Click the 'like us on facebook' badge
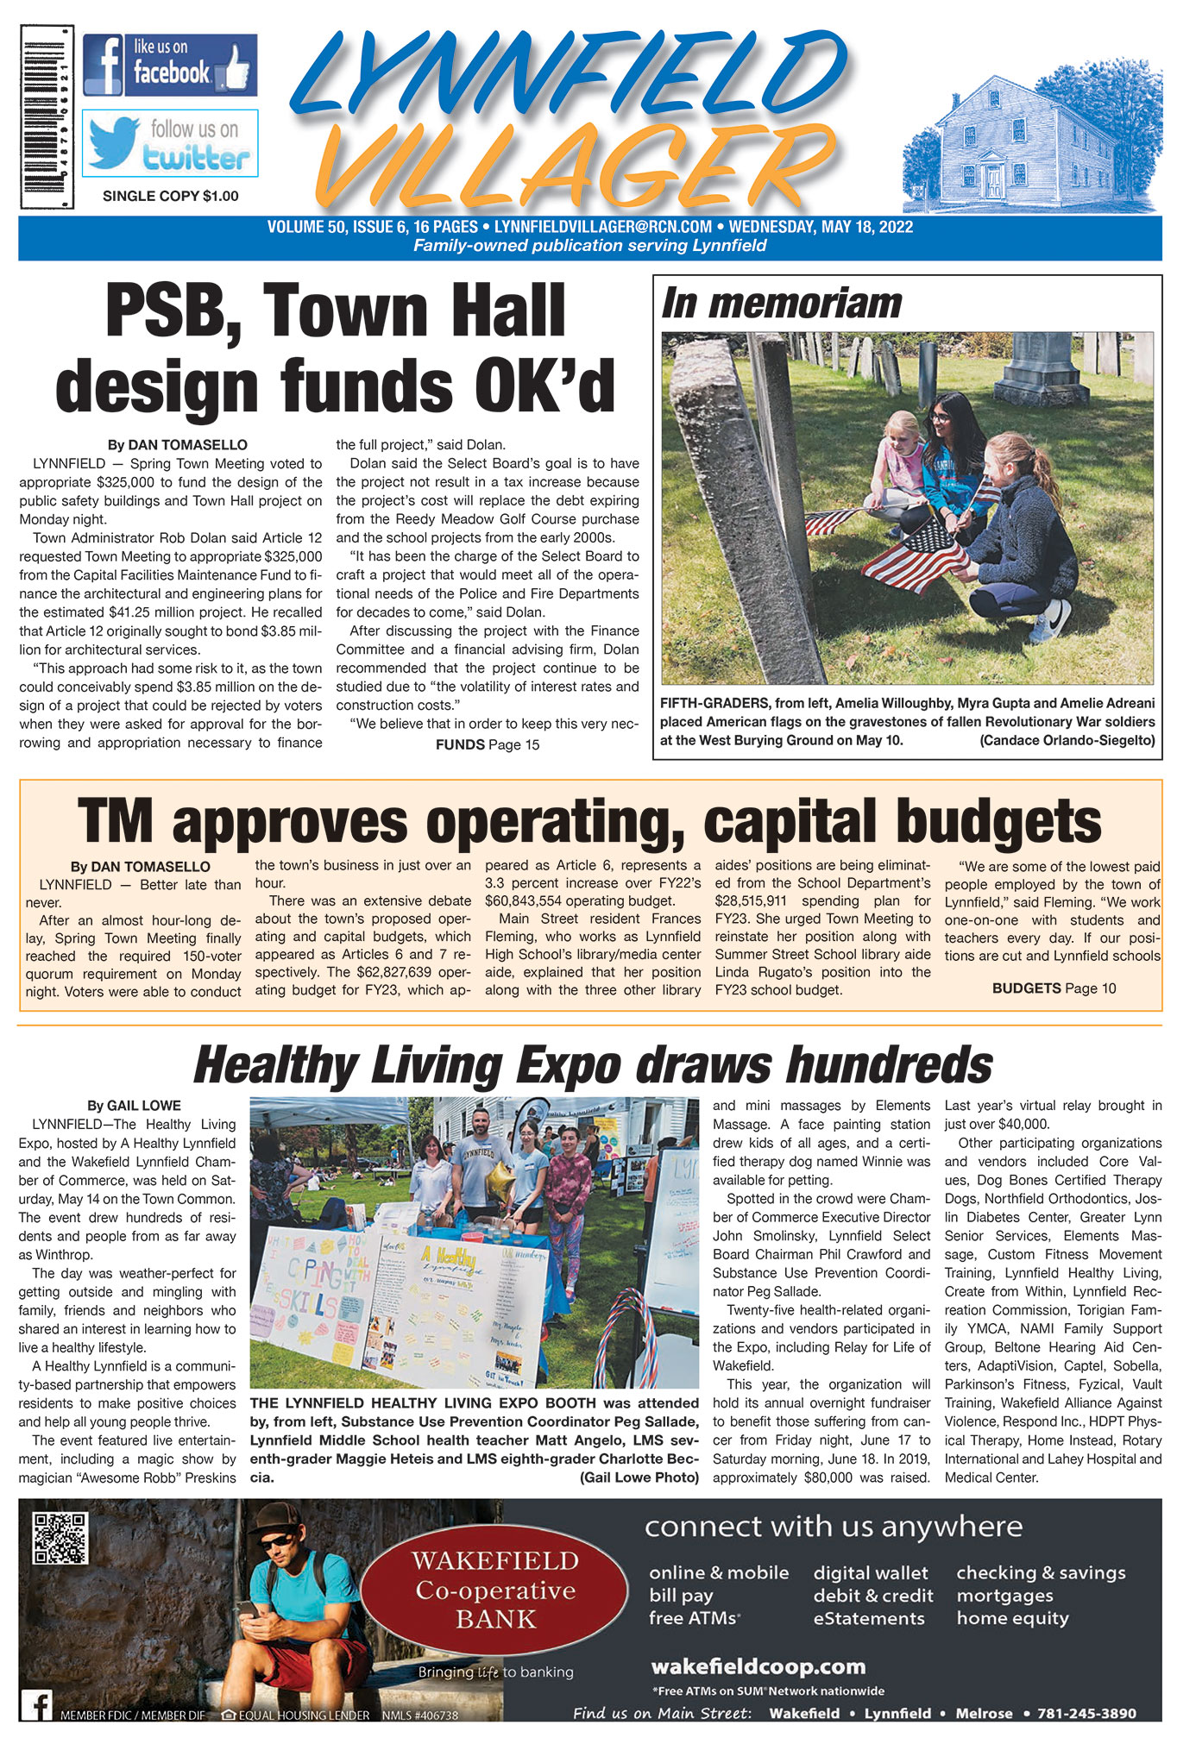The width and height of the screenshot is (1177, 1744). pyautogui.click(x=170, y=66)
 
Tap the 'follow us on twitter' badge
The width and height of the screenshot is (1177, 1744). pyautogui.click(x=170, y=143)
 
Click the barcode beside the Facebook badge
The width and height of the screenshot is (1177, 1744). pyautogui.click(x=47, y=116)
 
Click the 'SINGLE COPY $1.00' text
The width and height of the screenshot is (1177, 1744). pyautogui.click(x=170, y=197)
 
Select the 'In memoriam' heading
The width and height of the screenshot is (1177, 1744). pyautogui.click(x=781, y=304)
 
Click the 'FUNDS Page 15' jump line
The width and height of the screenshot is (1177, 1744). pyautogui.click(x=487, y=744)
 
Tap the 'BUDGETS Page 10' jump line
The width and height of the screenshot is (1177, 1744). pyautogui.click(x=1053, y=988)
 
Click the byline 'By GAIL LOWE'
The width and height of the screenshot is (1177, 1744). pyautogui.click(x=133, y=1106)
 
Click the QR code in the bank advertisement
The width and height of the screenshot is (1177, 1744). pyautogui.click(x=60, y=1539)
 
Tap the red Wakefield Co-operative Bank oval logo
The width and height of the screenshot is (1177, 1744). pyautogui.click(x=495, y=1590)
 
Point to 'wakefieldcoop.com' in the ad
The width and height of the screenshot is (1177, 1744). pyautogui.click(x=758, y=1666)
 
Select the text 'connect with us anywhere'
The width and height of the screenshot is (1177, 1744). pyautogui.click(x=833, y=1527)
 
